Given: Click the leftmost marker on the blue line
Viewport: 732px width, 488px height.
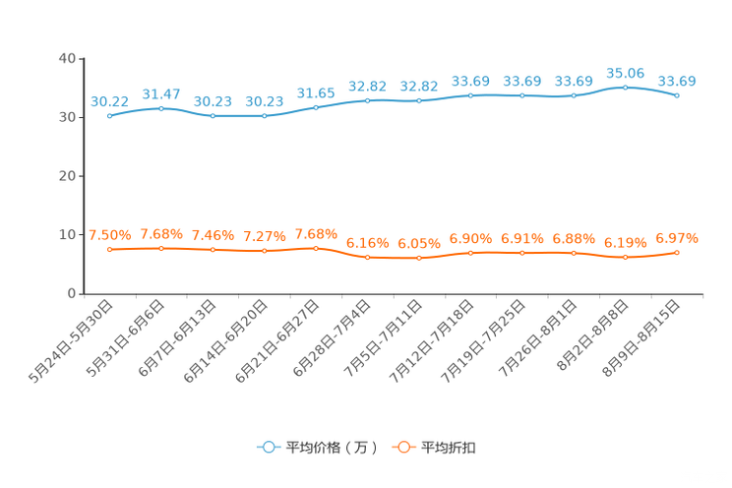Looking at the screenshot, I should [x=109, y=115].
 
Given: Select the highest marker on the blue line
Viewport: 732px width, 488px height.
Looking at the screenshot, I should [x=625, y=87].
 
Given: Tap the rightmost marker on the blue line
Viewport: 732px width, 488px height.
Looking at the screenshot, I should [x=677, y=95].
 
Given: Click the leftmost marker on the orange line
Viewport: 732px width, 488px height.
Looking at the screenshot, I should [x=109, y=250].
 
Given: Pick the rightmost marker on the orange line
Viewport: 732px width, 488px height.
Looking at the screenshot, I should [x=677, y=253].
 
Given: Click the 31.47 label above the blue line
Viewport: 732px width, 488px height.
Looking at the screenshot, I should [x=160, y=93].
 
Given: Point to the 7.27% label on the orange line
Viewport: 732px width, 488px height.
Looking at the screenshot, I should [x=264, y=236].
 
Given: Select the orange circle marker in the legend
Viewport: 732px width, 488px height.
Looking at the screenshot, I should [x=402, y=447].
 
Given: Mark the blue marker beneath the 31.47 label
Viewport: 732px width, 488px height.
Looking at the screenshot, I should [x=161, y=107].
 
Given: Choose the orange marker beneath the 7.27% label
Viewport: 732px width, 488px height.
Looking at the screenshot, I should [x=264, y=252].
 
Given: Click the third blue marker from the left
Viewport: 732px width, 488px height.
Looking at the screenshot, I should [x=213, y=115].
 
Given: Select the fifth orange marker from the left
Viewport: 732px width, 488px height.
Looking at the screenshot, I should [x=315, y=248].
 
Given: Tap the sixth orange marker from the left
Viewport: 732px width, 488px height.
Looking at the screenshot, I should [x=367, y=258].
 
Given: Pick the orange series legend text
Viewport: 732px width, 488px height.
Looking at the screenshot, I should [x=450, y=448].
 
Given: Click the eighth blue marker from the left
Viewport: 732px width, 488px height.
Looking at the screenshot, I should [x=470, y=94].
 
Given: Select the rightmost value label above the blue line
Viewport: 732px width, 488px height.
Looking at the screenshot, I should [x=677, y=81].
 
